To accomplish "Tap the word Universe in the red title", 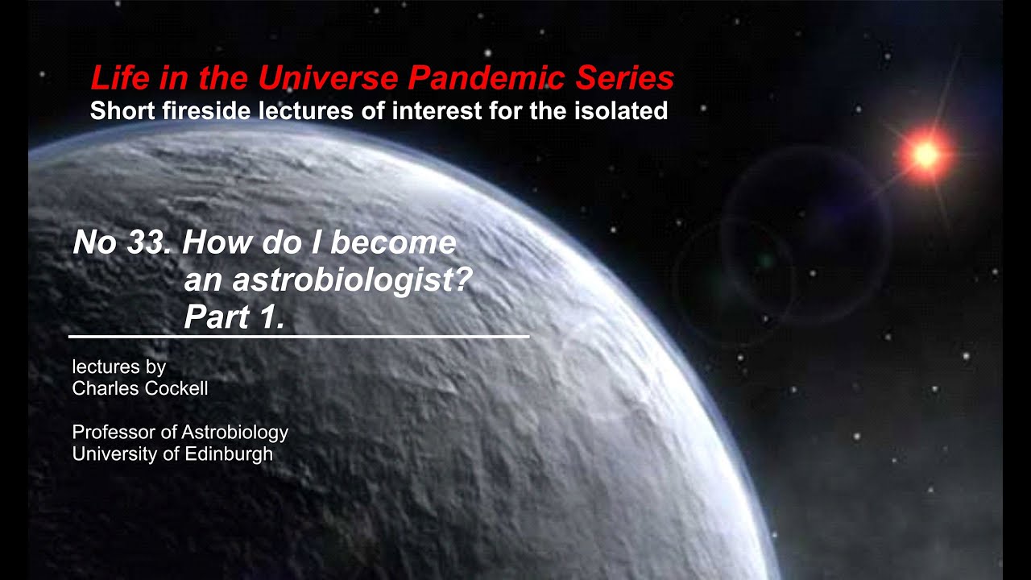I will (x=329, y=78).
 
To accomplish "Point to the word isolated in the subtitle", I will (x=619, y=110).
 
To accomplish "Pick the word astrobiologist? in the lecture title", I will (x=327, y=280).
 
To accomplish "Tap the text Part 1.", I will (x=234, y=318).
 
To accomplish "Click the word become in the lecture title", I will (x=398, y=242).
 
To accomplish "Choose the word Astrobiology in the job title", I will (x=234, y=433).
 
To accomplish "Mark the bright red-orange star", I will (x=925, y=154).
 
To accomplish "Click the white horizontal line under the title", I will (x=299, y=336).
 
